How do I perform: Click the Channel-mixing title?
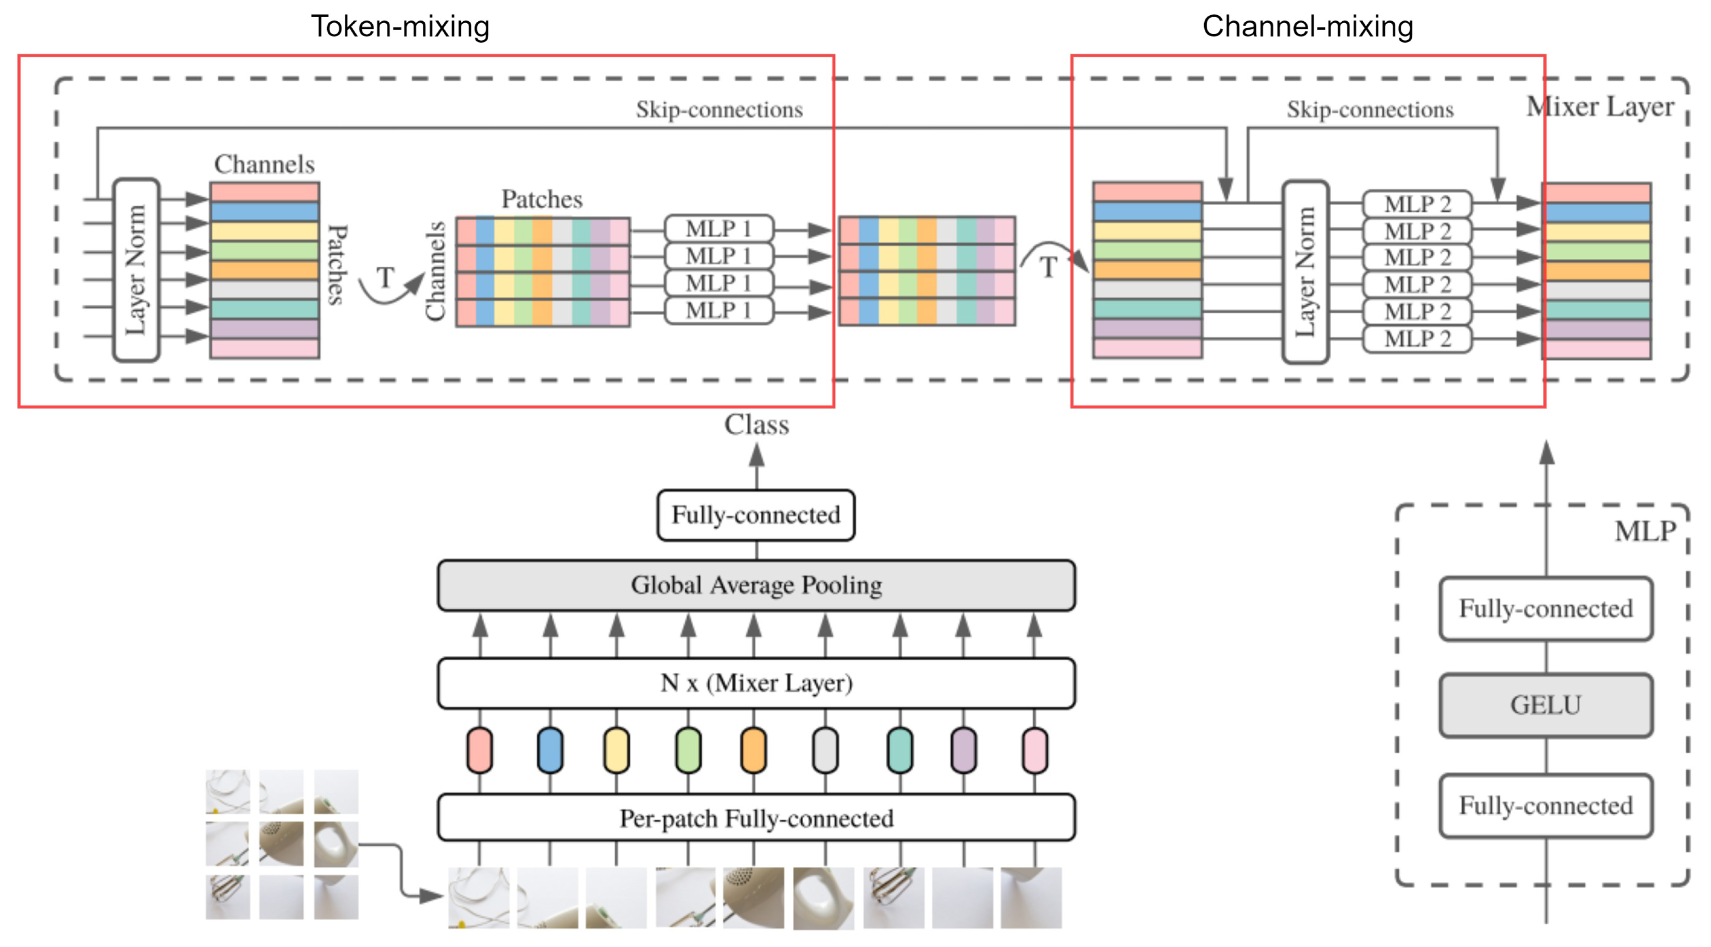pyautogui.click(x=1307, y=27)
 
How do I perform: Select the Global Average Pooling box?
pyautogui.click(x=756, y=585)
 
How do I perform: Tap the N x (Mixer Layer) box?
pyautogui.click(x=756, y=683)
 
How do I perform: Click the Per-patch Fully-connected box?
pyautogui.click(x=756, y=818)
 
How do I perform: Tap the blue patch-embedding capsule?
pyautogui.click(x=550, y=750)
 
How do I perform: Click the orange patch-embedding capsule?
pyautogui.click(x=754, y=750)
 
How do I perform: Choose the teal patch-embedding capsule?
pyautogui.click(x=900, y=750)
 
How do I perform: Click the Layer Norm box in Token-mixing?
pyautogui.click(x=137, y=270)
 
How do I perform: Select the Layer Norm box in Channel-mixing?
pyautogui.click(x=1305, y=272)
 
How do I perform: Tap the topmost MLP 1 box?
pyautogui.click(x=719, y=228)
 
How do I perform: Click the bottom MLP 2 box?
pyautogui.click(x=1417, y=339)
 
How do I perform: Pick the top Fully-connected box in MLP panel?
pyautogui.click(x=1546, y=609)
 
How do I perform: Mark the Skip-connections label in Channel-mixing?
pyautogui.click(x=1370, y=109)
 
